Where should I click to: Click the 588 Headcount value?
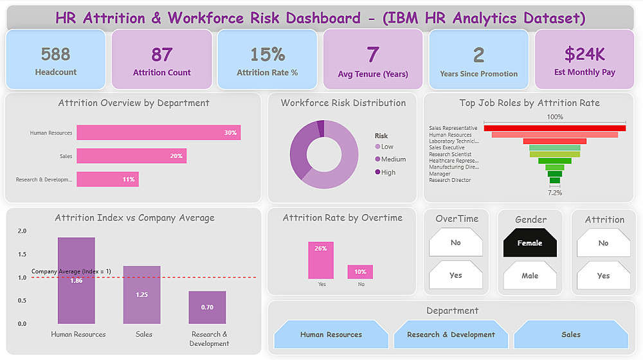(55, 55)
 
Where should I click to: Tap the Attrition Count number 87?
(162, 55)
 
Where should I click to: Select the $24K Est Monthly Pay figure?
(584, 54)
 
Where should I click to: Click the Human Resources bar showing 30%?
(158, 132)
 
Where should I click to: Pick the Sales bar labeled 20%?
(131, 156)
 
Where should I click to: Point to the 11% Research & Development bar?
(107, 179)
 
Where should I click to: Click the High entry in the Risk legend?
(388, 172)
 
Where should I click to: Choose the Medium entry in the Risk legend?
(393, 159)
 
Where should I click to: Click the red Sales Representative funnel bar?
(554, 128)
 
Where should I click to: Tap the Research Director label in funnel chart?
(450, 180)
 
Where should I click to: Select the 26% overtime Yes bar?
(321, 260)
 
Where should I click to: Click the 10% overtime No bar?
(360, 271)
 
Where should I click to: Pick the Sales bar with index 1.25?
(141, 294)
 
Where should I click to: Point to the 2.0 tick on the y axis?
(23, 231)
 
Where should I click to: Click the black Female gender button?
(530, 243)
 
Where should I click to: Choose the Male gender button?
(530, 275)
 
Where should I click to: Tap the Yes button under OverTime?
(456, 275)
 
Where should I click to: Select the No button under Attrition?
(603, 243)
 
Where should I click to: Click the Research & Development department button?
(451, 334)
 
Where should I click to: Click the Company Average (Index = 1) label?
(71, 271)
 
